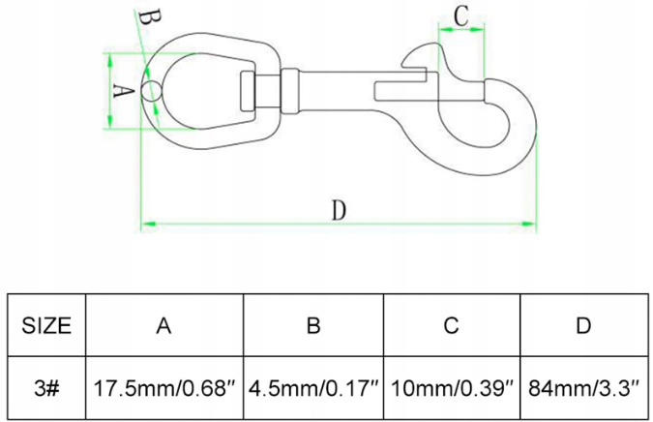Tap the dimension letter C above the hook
click(461, 15)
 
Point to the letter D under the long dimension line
click(339, 209)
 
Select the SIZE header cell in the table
click(46, 326)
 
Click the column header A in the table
click(164, 326)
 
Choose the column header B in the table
click(313, 326)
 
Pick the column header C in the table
click(451, 326)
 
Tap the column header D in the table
click(583, 326)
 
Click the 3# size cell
click(46, 389)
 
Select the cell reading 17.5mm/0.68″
click(164, 389)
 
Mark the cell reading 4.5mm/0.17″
click(313, 389)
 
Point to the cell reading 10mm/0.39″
click(451, 389)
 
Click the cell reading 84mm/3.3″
click(583, 389)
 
